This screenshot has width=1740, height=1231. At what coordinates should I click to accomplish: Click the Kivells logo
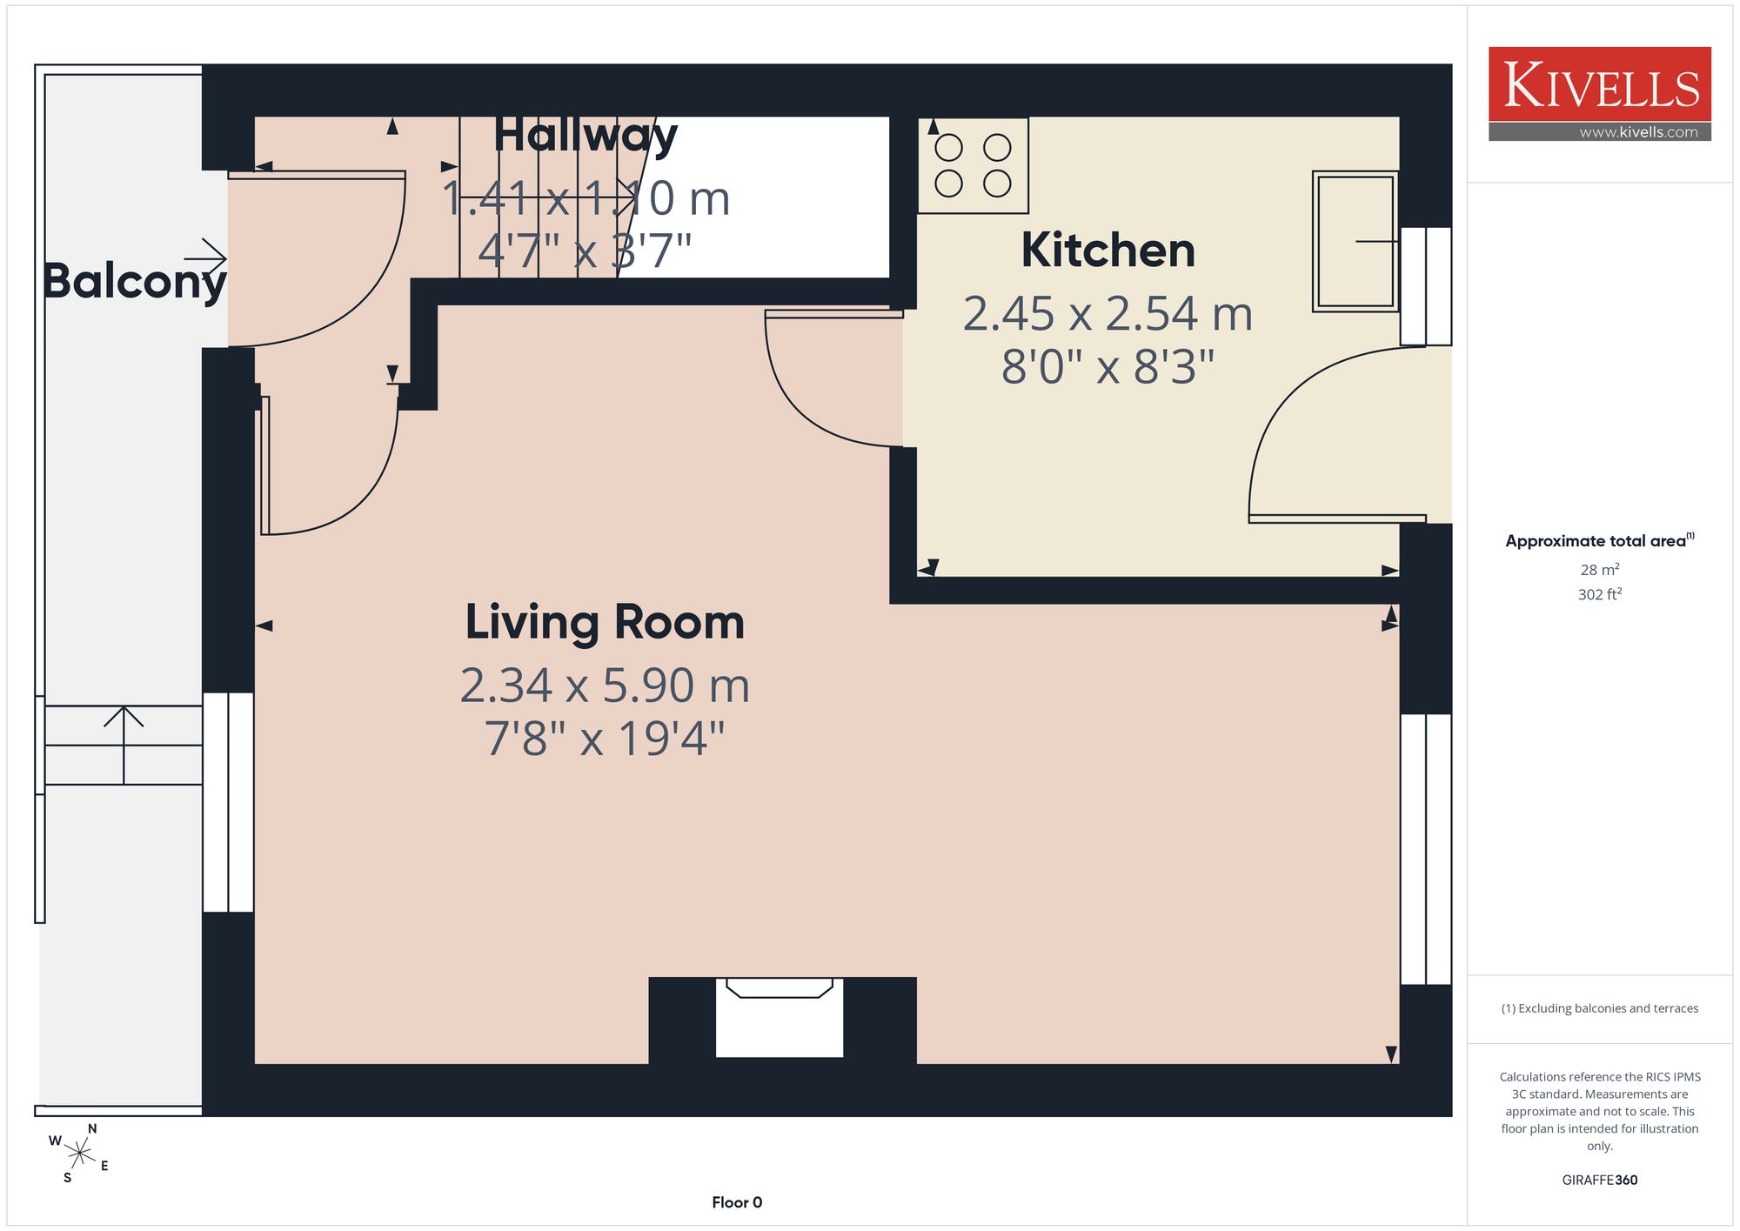coord(1599,93)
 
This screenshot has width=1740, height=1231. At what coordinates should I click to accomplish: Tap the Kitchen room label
coord(1108,251)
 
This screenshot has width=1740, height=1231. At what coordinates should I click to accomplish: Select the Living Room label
coord(605,624)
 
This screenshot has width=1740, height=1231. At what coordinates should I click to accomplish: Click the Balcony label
coord(135,281)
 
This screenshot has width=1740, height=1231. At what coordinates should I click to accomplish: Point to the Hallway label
coord(586,137)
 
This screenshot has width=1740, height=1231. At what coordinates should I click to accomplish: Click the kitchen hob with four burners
coord(973,165)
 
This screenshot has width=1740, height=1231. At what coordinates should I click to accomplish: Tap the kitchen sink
coord(1355,241)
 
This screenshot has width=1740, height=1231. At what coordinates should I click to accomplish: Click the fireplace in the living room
coord(780,1017)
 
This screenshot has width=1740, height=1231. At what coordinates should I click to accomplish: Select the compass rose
coord(79,1154)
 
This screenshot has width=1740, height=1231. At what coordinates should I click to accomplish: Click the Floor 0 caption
coord(737,1202)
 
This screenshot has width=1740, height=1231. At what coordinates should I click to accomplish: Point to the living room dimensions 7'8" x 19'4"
coord(605,739)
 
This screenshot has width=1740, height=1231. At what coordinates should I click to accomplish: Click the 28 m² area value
coord(1599,570)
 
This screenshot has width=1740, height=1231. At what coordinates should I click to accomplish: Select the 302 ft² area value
coord(1599,594)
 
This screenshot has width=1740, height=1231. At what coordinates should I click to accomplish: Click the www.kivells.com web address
coord(1638,132)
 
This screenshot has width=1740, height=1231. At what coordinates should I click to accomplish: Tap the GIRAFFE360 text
coord(1599,1181)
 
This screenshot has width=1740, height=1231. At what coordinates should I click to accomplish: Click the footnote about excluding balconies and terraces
coord(1599,1008)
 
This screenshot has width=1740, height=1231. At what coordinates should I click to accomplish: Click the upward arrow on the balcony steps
coord(124,745)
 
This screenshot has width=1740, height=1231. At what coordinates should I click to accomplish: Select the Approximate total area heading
coord(1599,540)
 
